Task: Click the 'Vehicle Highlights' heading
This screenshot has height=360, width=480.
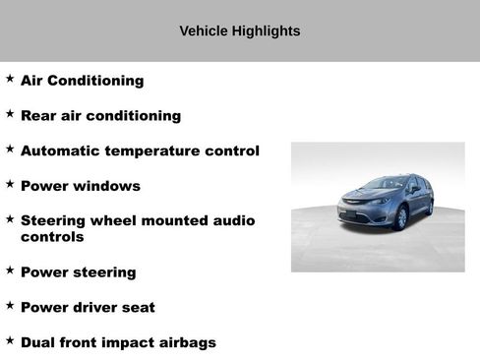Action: pyautogui.click(x=239, y=31)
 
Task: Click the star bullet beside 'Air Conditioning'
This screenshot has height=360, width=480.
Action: pyautogui.click(x=10, y=79)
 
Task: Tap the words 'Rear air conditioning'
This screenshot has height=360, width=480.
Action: pyautogui.click(x=100, y=116)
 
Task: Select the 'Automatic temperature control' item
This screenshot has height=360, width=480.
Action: pyautogui.click(x=140, y=151)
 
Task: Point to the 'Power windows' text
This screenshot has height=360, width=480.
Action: pyautogui.click(x=80, y=186)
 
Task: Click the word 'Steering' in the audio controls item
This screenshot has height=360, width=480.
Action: pyautogui.click(x=51, y=220)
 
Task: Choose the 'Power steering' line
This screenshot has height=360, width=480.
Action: pyautogui.click(x=78, y=272)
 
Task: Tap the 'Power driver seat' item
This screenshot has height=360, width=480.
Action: pyautogui.click(x=88, y=307)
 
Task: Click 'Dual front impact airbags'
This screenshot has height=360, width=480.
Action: pyautogui.click(x=118, y=342)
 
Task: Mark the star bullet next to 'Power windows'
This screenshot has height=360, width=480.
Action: pyautogui.click(x=10, y=184)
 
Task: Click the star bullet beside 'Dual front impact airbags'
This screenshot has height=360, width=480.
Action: pyautogui.click(x=10, y=340)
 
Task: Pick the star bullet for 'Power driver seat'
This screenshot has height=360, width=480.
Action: pyautogui.click(x=10, y=305)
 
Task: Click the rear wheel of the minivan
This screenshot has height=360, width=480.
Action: pyautogui.click(x=429, y=206)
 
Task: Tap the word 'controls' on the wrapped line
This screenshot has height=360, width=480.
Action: pyautogui.click(x=52, y=237)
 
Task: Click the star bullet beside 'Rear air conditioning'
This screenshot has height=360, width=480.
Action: pyautogui.click(x=10, y=114)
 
